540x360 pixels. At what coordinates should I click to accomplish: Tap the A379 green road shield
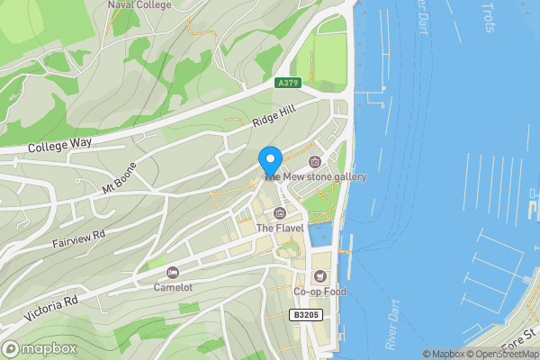[287, 83]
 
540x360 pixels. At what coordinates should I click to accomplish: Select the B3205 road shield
[306, 314]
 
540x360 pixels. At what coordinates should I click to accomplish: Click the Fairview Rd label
[80, 238]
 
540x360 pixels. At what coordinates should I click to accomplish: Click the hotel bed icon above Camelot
[173, 272]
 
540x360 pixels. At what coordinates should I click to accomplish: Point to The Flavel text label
[279, 229]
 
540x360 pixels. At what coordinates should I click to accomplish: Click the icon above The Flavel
[279, 213]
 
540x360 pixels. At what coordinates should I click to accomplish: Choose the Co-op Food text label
[319, 292]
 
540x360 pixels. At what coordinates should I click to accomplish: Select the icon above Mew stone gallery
[315, 162]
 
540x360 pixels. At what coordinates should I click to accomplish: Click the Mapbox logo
[39, 348]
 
